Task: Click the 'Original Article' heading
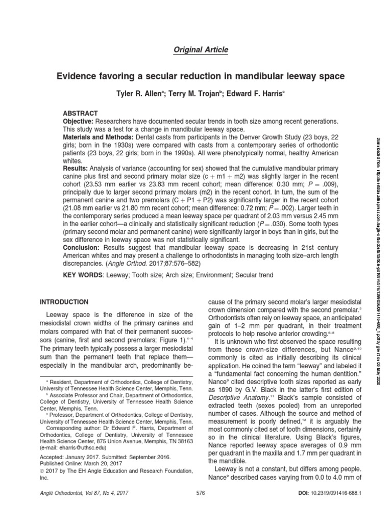(196, 50)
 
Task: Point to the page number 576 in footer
(200, 507)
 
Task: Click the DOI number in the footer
(333, 507)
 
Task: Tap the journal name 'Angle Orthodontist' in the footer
(63, 507)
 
